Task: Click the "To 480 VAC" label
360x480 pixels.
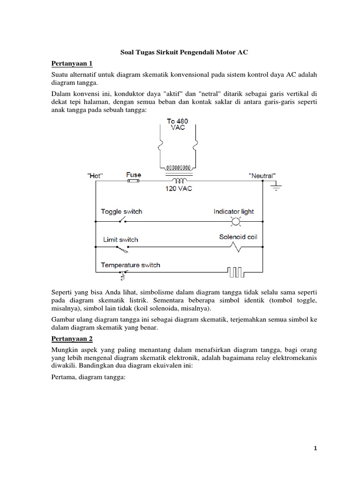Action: tap(178, 125)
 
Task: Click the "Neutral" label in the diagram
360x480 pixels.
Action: tap(262, 175)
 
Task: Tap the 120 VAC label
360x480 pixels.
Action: tap(178, 189)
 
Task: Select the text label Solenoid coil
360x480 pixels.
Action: tap(238, 237)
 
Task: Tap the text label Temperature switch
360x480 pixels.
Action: tap(130, 265)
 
